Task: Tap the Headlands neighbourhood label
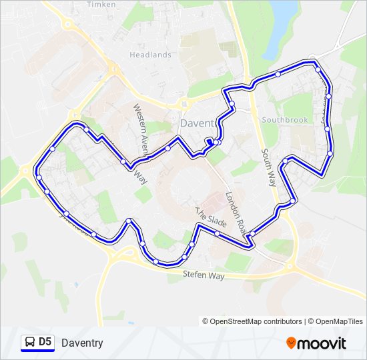click(150, 55)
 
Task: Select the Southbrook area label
click(285, 120)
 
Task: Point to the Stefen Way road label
click(204, 275)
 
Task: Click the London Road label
click(236, 212)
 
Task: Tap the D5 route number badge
click(45, 342)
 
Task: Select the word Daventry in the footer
click(82, 343)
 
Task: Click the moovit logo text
click(322, 343)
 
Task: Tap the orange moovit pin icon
click(291, 343)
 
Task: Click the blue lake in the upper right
click(282, 11)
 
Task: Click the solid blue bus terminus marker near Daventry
click(210, 141)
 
